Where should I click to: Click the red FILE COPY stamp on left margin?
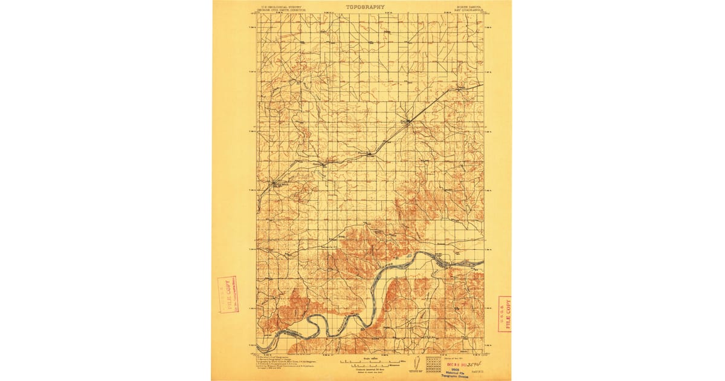[228, 295]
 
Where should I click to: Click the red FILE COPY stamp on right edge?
[504, 314]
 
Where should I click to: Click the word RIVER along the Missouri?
[387, 264]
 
